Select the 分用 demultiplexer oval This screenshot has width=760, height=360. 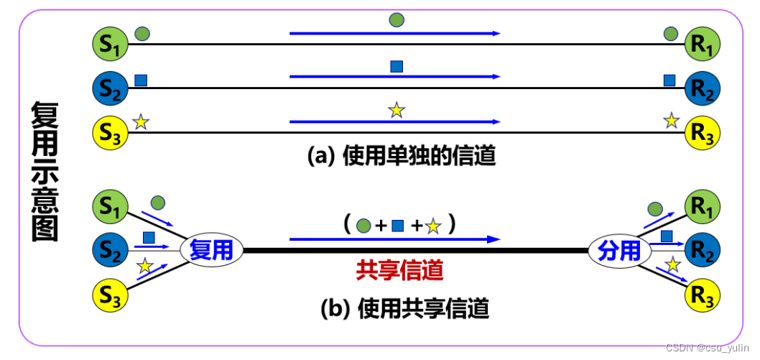point(619,250)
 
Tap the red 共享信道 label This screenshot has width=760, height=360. point(399,269)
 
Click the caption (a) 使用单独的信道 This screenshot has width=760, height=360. point(402,156)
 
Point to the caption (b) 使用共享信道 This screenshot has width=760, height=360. point(404,309)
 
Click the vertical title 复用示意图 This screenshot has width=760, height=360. point(45,170)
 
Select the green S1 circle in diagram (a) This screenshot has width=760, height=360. point(111,43)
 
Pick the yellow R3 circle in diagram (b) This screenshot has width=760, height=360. point(703,295)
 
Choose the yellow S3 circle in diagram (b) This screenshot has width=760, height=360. point(111,295)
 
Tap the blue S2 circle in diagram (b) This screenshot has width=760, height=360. point(111,250)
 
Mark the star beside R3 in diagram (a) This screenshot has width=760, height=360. point(671,120)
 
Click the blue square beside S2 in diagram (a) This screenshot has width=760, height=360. point(142,80)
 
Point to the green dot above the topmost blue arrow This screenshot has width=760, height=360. point(397,19)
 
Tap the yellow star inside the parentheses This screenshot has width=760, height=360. point(432,227)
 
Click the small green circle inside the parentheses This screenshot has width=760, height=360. point(363,226)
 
